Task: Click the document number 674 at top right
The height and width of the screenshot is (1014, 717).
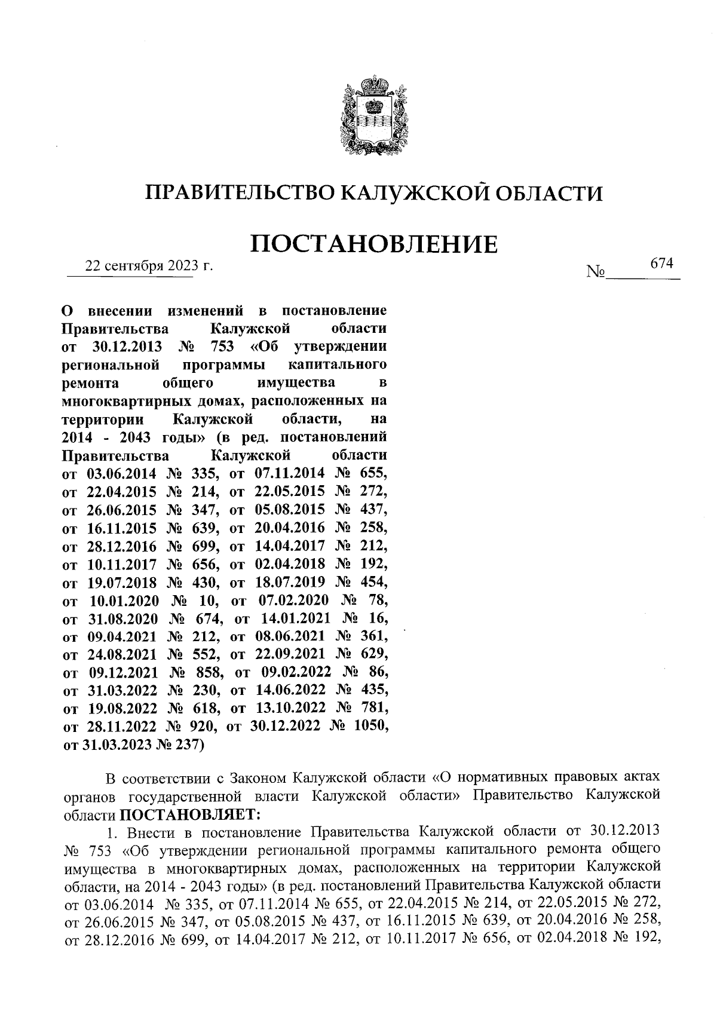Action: click(x=661, y=264)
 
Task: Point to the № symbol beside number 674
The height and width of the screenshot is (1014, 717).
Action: click(x=596, y=272)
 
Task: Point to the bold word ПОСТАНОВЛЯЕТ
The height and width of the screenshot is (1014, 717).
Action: click(x=190, y=814)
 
